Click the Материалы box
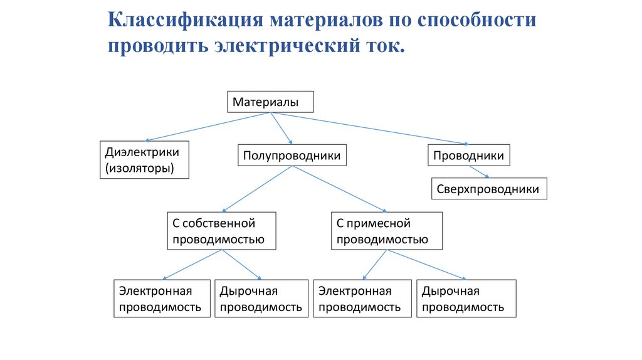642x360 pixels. [269, 102]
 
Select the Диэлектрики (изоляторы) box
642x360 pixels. [144, 160]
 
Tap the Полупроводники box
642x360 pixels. [292, 155]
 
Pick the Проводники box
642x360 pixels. [469, 155]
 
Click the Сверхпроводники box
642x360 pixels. [488, 189]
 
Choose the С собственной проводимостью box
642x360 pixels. [221, 231]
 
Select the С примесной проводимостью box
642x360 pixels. [386, 231]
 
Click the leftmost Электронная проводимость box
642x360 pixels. [162, 299]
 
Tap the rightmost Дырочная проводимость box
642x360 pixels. [466, 299]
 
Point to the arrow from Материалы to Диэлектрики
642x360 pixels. [207, 127]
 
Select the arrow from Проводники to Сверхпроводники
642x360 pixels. [480, 172]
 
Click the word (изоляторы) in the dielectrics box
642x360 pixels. [139, 168]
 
